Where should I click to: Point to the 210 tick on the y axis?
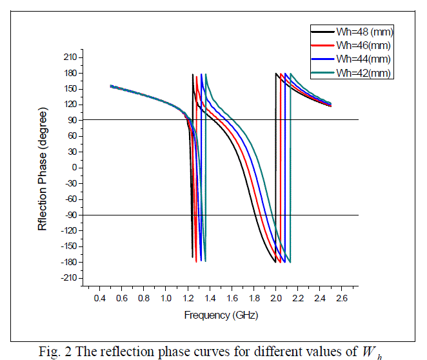[70, 57]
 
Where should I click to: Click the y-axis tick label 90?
[72, 120]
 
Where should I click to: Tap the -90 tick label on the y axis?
[70, 215]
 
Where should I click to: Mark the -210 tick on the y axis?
[68, 278]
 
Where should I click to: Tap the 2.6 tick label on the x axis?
[342, 299]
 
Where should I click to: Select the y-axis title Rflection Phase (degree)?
[43, 168]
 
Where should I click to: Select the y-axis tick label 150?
[70, 89]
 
